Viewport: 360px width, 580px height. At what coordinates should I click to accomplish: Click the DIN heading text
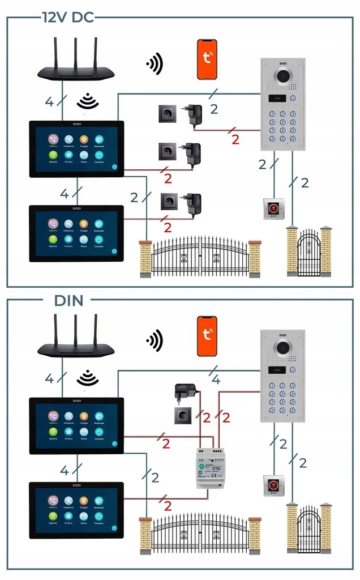(x=69, y=301)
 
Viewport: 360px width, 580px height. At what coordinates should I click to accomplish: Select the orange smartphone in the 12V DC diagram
(x=207, y=59)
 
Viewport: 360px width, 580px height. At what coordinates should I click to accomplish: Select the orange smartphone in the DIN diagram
(x=207, y=336)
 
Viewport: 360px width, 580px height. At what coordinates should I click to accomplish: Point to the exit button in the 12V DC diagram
(x=273, y=208)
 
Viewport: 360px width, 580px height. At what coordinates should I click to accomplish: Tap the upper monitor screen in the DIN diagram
(x=76, y=425)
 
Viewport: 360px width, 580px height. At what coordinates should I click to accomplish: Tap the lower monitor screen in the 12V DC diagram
(x=76, y=233)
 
